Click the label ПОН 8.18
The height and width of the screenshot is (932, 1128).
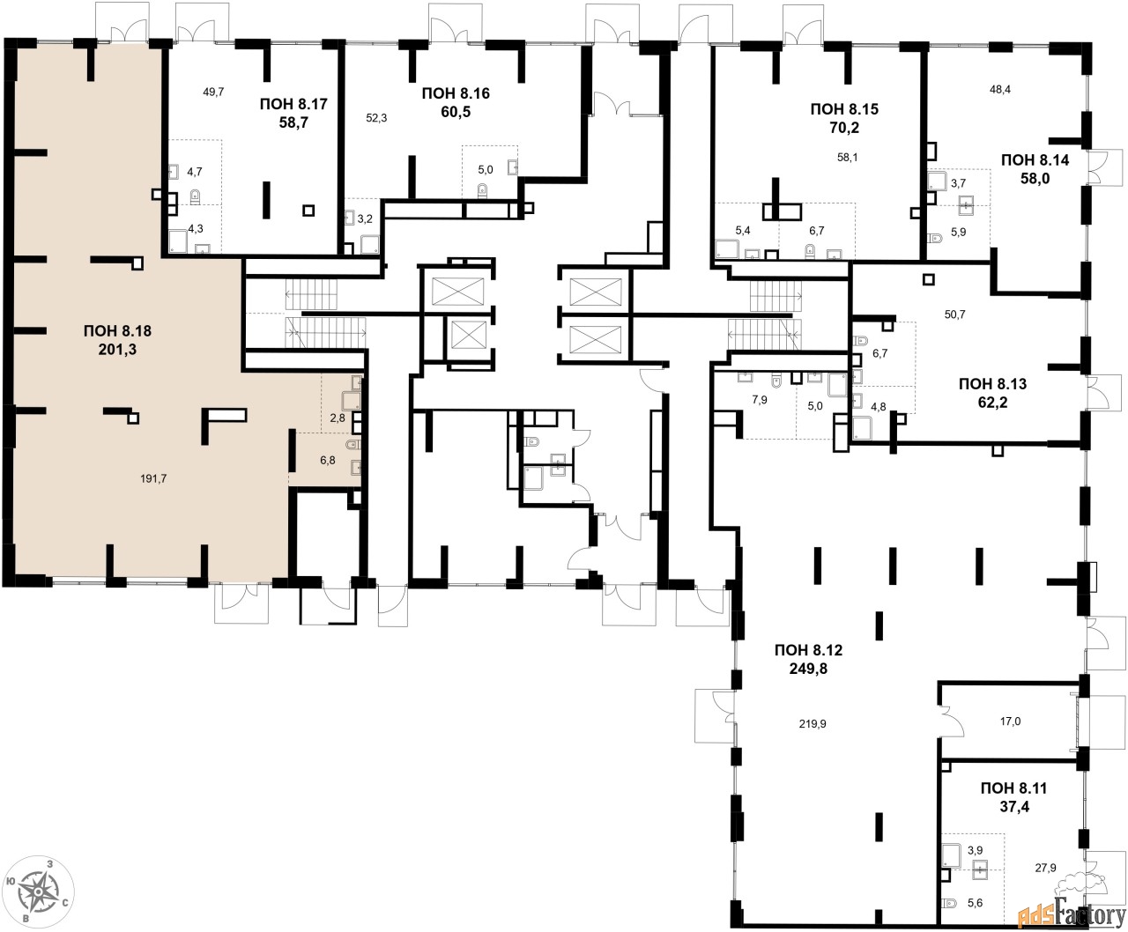point(117,331)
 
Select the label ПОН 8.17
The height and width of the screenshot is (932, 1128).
point(293,104)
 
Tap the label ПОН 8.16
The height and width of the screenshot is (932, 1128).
point(456,92)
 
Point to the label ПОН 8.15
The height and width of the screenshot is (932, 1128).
point(844,109)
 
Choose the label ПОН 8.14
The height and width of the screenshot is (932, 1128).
point(1035,159)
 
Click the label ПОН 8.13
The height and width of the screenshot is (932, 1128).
point(993,384)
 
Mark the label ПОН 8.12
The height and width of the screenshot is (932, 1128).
point(808,650)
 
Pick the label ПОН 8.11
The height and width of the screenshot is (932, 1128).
point(1014,788)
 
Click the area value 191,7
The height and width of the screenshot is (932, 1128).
point(153,478)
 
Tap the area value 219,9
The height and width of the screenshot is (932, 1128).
point(813,724)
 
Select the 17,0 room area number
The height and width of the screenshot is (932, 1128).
point(1010,721)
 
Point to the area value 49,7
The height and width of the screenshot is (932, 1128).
point(213,92)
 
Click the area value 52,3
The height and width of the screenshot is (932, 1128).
point(376,118)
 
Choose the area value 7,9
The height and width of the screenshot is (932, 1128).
point(760,400)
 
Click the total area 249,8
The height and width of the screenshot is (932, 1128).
point(808,669)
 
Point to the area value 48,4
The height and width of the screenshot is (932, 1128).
point(1000,89)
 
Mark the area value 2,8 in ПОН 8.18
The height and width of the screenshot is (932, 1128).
point(338,418)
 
